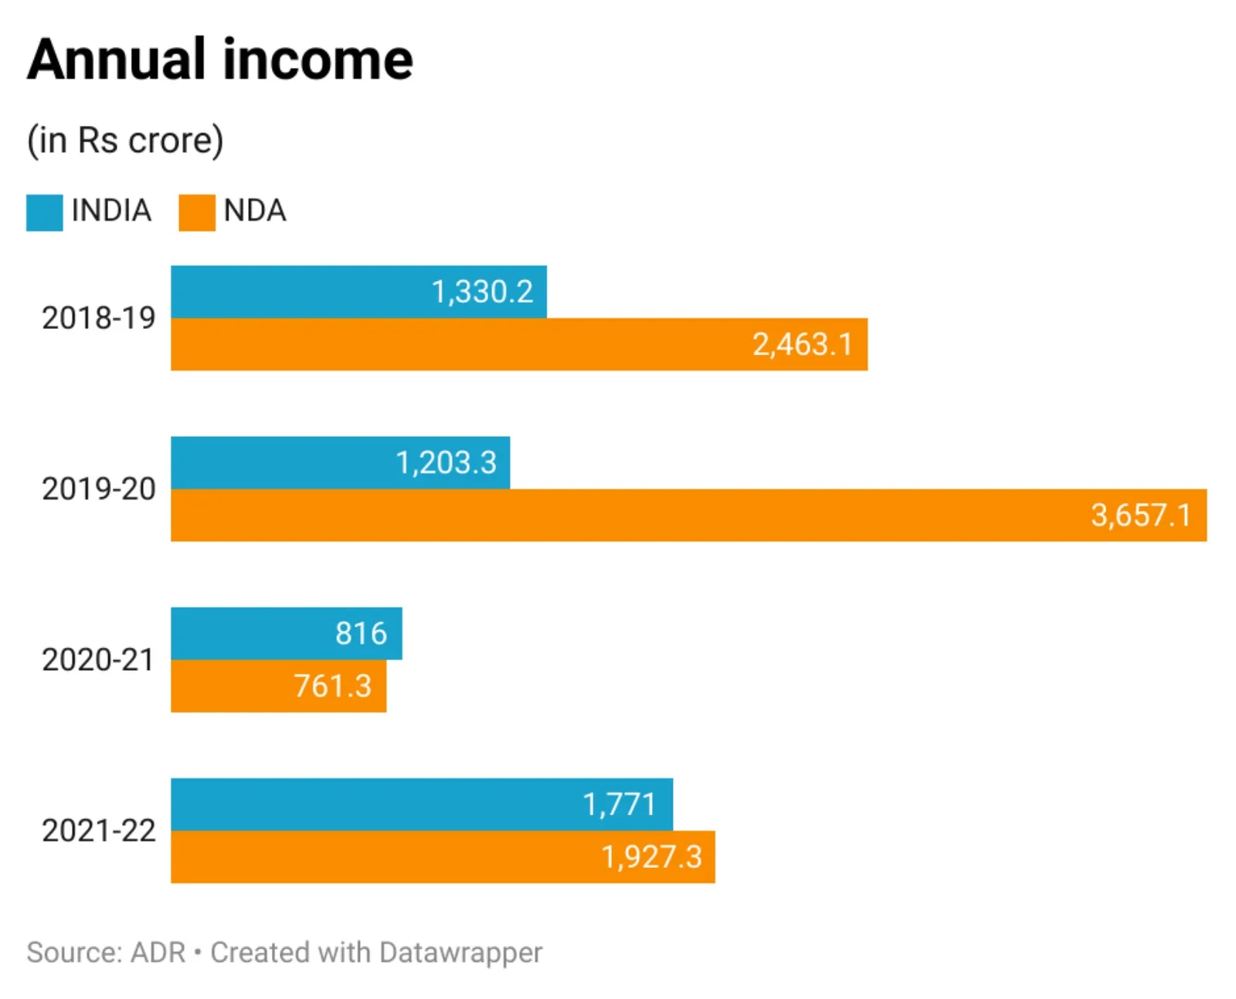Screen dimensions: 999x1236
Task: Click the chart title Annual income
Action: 220,59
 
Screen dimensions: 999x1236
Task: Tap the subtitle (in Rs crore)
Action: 125,141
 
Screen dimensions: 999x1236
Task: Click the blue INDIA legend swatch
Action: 44,212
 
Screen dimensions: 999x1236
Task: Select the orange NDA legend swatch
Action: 196,212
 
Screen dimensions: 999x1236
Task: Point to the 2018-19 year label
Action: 98,318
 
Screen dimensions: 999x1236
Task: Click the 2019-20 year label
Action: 98,489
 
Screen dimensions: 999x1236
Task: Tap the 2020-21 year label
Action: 98,660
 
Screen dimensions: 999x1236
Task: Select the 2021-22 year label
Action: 98,831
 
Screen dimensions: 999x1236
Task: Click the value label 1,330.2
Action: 482,292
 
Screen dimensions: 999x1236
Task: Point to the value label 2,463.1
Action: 803,344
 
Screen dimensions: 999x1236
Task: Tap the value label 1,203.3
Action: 446,462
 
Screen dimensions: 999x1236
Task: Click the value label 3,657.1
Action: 1141,515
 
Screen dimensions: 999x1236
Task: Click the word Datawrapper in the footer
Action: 460,953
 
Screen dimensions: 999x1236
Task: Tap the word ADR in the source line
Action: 158,953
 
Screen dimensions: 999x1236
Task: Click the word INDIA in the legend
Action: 111,211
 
